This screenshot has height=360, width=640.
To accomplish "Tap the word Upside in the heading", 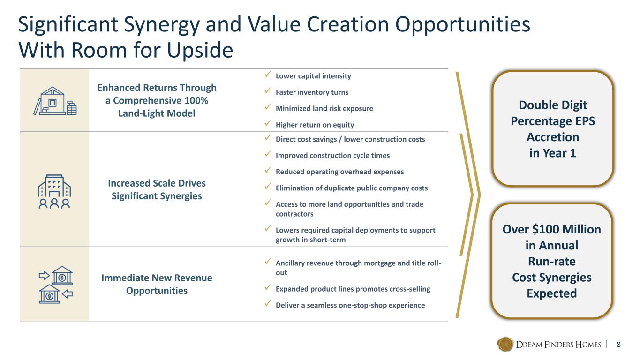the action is pos(200,50).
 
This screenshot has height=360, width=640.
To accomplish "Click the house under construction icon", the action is pos(55,101).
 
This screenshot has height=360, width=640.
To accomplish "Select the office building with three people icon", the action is pos(54,191).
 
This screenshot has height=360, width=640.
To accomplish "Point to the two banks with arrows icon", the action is pos(56,285).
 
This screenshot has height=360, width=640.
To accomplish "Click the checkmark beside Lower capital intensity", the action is pos(268,75).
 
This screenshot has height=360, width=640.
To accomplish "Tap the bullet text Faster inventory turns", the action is pos(312,92).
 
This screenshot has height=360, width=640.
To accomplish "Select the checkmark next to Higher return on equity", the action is pos(268,123).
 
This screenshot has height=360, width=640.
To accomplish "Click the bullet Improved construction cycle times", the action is pos(332,156).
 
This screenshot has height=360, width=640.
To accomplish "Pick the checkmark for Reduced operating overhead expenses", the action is pos(268,170).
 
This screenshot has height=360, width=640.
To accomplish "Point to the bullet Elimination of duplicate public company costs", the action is pos(352,188).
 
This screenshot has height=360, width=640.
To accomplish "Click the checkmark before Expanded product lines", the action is pos(268,287).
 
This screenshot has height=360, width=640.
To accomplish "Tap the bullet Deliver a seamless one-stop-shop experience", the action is pos(350,305).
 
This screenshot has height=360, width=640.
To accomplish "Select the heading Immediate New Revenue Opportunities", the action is pos(157,284).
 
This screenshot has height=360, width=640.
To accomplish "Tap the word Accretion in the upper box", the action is pos(553,137).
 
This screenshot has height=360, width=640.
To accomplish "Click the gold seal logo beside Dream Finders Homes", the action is pos(505,344).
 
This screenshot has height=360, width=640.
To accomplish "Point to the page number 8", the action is pos(618,345).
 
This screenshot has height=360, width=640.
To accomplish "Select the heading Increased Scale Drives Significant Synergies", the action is pos(157,190).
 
